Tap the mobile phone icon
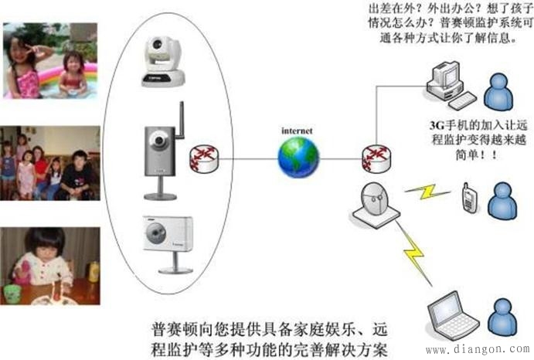(468, 196)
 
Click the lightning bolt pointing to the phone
(427, 192)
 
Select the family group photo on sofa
(50, 163)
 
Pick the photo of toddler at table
(50, 265)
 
